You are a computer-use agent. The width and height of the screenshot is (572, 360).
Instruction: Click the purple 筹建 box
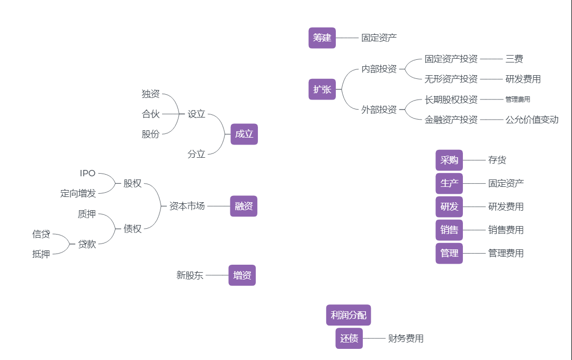[322, 38]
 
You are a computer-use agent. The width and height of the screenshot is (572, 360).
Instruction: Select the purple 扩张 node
[322, 89]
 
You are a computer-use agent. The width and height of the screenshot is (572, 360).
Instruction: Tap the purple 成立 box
[244, 134]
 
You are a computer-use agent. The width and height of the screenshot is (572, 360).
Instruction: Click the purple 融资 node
[244, 206]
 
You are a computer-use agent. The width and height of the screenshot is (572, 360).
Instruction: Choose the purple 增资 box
[242, 275]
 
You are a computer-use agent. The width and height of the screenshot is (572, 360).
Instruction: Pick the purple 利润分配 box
[348, 315]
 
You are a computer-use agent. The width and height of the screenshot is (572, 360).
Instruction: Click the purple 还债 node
[349, 338]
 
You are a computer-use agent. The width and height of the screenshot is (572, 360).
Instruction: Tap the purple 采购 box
[449, 160]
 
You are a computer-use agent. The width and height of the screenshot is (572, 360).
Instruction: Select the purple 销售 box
[449, 230]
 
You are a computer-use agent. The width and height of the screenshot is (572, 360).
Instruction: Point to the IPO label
[88, 173]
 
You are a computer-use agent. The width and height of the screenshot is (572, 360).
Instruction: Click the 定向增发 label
[78, 193]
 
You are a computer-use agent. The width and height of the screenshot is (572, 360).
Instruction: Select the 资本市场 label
[187, 206]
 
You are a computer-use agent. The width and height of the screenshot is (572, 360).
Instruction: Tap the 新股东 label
[190, 275]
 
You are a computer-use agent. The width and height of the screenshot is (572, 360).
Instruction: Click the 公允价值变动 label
[532, 120]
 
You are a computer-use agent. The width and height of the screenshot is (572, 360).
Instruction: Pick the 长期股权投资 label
[451, 100]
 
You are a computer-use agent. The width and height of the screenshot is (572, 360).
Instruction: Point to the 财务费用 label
[406, 338]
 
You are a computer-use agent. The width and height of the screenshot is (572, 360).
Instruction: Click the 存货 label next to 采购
[497, 160]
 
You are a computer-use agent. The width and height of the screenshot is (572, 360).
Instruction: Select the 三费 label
[514, 59]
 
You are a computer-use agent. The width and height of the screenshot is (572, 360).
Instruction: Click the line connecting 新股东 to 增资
[217, 275]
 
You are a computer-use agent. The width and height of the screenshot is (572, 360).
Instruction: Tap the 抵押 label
[41, 254]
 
